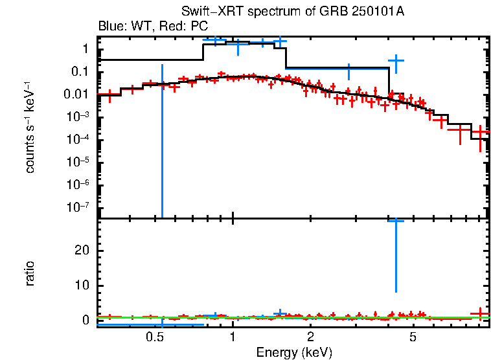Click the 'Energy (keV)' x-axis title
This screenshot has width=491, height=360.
[294, 352]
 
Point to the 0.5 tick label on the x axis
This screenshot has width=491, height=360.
[154, 337]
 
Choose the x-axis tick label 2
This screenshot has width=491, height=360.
[311, 337]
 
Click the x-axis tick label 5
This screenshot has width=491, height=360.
[413, 337]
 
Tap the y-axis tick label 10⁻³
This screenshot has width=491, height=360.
[76, 117]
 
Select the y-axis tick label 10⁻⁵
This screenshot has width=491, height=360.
[76, 162]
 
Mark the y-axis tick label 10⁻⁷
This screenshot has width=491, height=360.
[76, 207]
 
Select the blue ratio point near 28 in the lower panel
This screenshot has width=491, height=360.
[396, 221]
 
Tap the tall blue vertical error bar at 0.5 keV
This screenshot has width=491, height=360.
[162, 142]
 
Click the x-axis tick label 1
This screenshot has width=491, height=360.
[233, 337]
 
